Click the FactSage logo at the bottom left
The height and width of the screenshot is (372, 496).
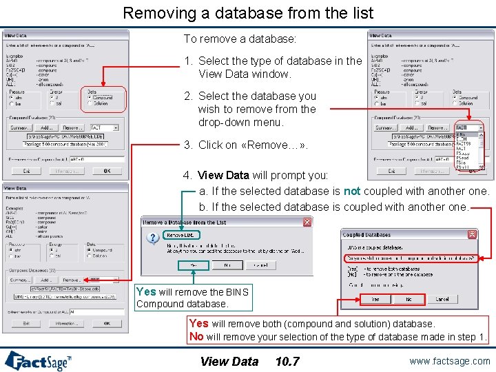coord(38,360)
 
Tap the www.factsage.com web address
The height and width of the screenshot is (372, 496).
coord(450,360)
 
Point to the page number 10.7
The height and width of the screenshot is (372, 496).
coord(287,361)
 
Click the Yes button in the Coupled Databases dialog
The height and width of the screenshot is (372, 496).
coord(375,299)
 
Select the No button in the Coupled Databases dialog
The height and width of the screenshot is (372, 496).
coord(409,299)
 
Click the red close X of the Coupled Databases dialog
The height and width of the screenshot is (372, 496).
coord(472,234)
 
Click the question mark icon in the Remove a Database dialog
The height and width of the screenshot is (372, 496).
coord(154,238)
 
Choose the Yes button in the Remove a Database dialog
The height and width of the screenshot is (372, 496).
coord(193,265)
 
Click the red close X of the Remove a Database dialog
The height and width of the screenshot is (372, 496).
coord(307,222)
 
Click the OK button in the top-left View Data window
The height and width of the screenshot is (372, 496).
coord(107,171)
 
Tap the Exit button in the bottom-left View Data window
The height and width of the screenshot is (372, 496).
coord(26,322)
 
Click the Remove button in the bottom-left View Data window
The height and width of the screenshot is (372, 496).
coord(72,280)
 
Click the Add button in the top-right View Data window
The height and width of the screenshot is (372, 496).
coord(412,127)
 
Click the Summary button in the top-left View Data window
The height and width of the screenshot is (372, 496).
coord(20,127)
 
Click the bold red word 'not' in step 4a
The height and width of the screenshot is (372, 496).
coord(352,191)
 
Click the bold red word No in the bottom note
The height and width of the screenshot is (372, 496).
coord(196,337)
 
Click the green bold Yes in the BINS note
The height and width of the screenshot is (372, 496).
coord(145,291)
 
